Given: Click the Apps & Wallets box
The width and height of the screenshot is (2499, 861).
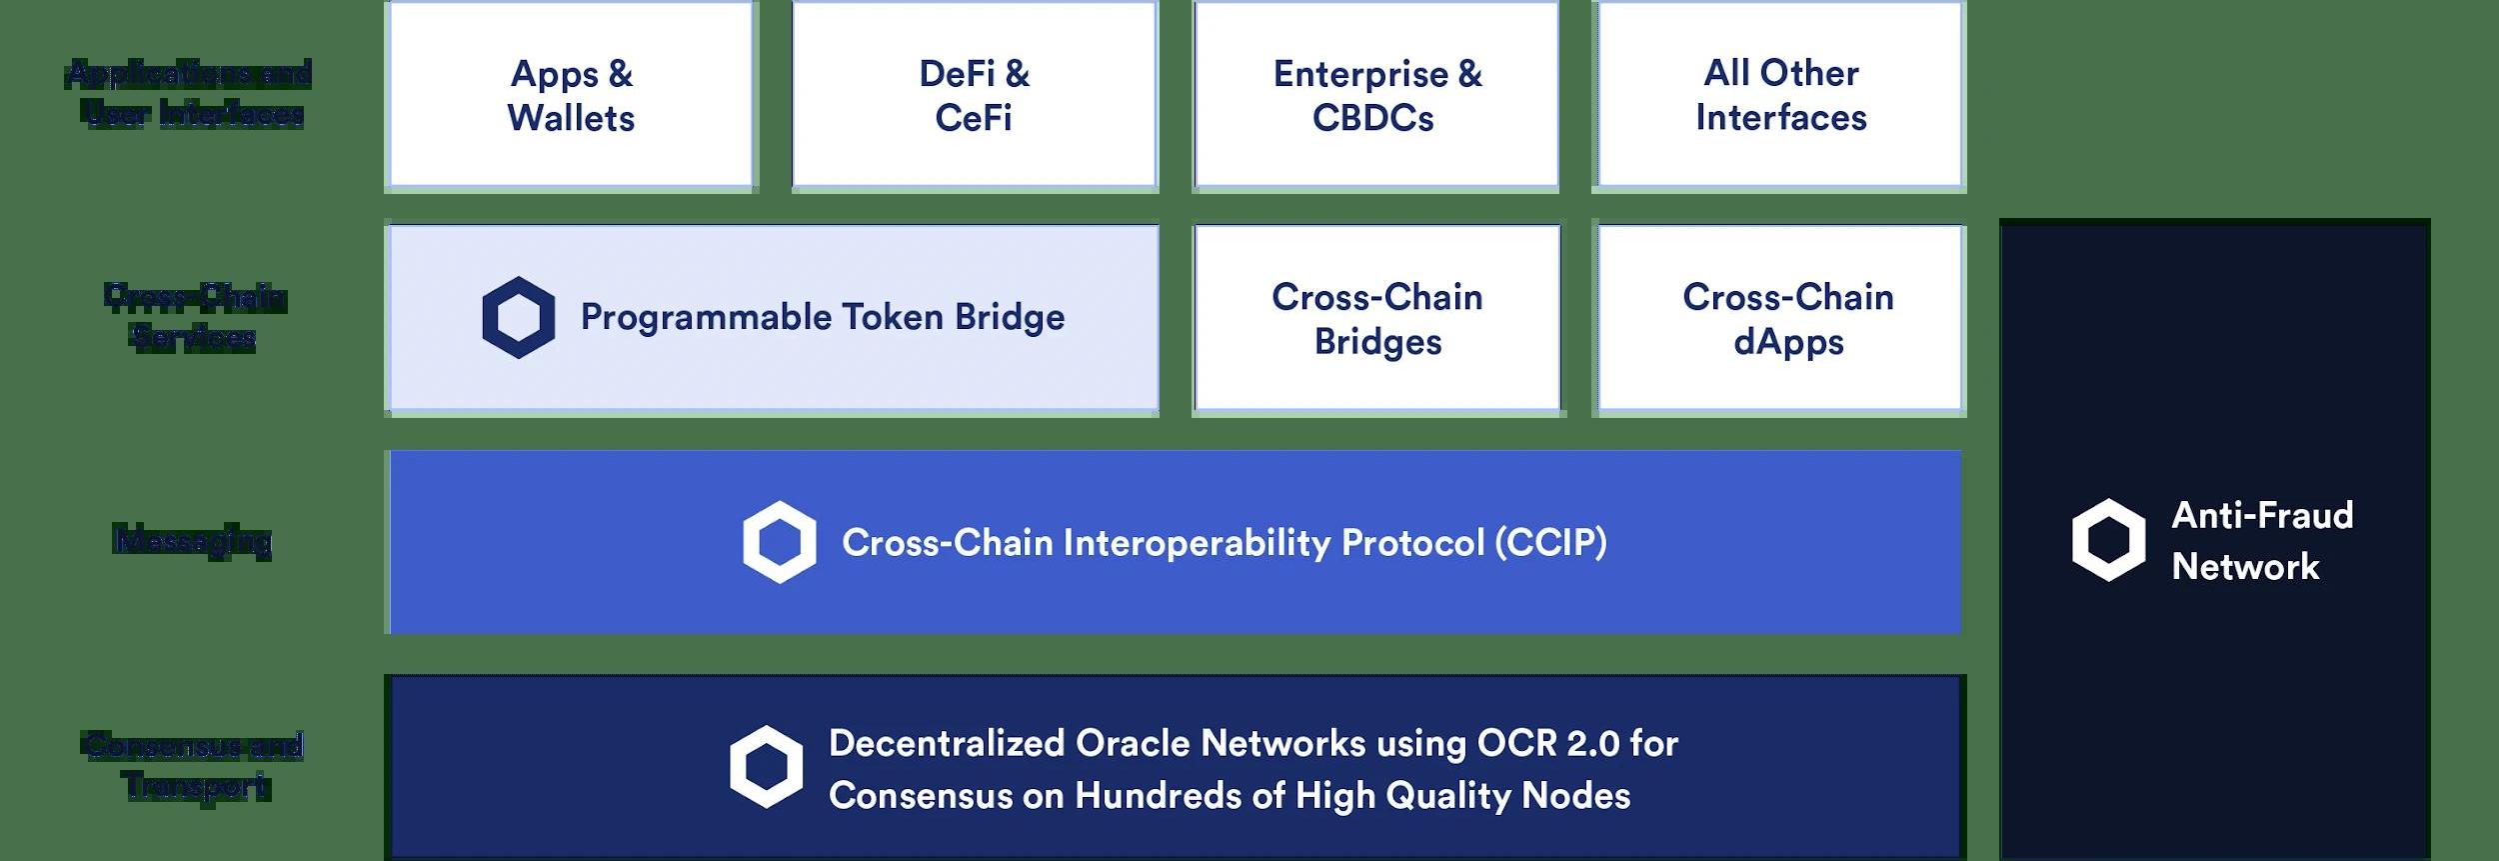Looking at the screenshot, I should pos(571,95).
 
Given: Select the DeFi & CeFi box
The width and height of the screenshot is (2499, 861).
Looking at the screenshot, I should pos(974,95).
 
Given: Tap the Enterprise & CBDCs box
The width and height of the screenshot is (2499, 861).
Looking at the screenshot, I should pos(1375,95).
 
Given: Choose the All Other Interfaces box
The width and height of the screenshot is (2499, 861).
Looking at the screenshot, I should pos(1780,95).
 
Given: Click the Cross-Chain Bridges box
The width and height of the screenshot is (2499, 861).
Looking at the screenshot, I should pos(1376,318).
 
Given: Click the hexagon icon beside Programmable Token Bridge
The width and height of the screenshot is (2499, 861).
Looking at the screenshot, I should pos(518,318).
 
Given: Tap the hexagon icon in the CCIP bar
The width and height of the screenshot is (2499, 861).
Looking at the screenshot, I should pos(779,542).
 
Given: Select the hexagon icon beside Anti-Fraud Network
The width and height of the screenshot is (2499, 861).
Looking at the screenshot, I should pos(2108,540).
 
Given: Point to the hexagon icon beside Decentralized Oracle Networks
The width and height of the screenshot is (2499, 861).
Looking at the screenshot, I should pos(766,767).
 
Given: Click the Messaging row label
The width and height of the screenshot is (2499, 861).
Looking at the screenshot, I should pos(192,540).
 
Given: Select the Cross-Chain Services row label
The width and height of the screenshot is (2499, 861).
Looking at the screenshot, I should pos(195,316).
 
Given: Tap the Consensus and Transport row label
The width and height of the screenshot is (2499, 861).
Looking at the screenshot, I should pos(193,765).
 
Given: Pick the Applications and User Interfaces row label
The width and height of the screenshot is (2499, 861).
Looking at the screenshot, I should pos(190,93).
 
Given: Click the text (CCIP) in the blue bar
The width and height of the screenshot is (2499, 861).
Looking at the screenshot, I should pos(1550,542).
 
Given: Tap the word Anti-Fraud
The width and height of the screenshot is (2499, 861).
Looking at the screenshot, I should pos(2262,515).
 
